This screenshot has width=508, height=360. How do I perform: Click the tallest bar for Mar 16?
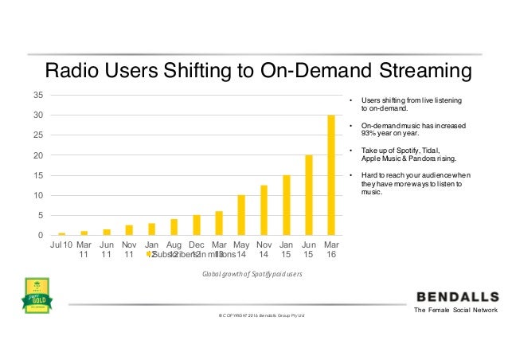[331, 175]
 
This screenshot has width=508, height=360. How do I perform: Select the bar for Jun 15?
[309, 195]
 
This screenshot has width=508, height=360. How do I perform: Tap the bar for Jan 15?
[287, 205]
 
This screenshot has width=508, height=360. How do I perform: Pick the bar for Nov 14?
[264, 210]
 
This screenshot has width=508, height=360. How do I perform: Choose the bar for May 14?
[241, 215]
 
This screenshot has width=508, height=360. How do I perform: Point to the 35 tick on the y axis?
[37, 95]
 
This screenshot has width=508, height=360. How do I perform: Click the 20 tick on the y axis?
[37, 155]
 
